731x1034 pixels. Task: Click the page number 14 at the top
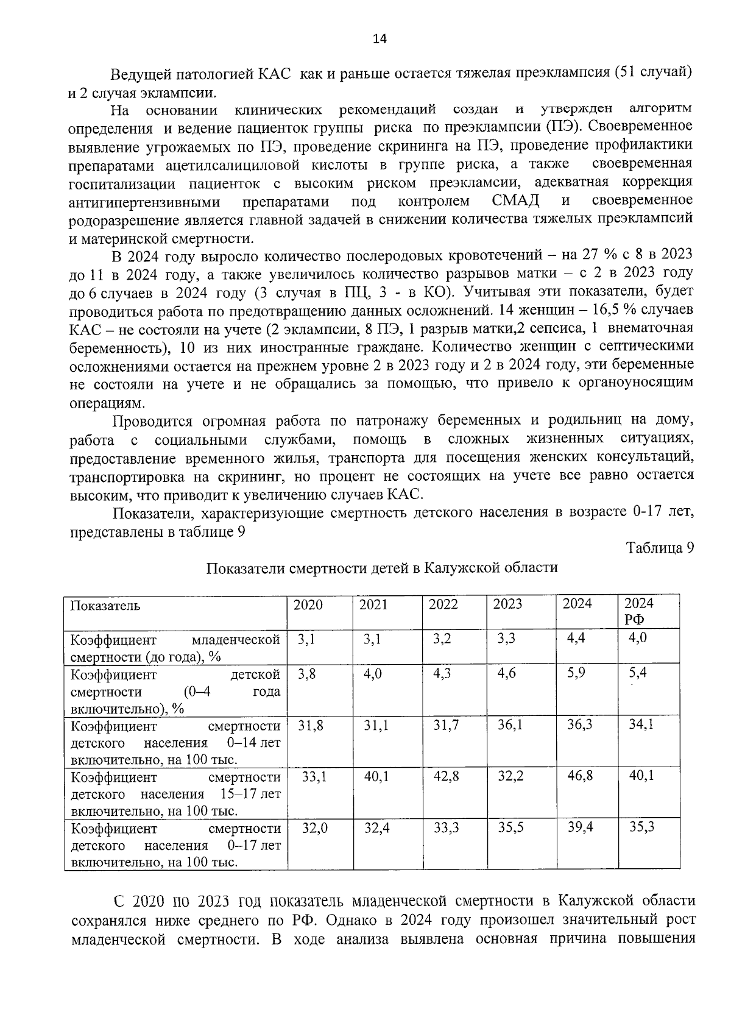379,39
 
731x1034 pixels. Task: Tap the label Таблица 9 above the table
660,548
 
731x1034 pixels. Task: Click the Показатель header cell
105,606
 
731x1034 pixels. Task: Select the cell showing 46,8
579,776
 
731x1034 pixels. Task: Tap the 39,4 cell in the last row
580,827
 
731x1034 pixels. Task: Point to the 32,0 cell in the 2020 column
315,827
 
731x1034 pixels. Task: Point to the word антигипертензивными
144,202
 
